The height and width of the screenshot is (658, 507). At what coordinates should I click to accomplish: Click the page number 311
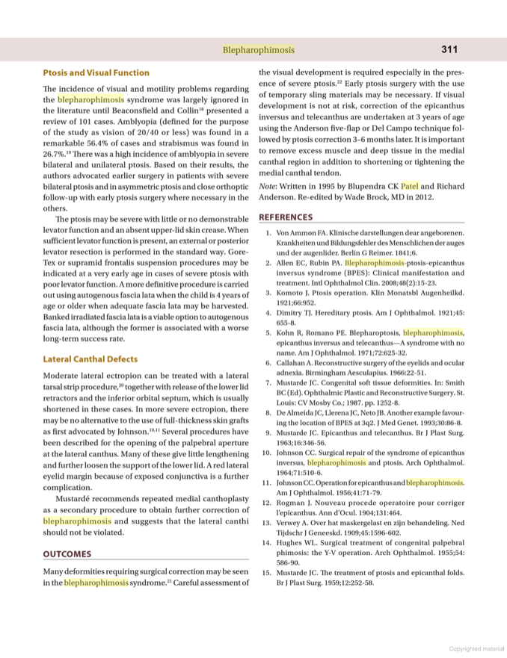coord(449,49)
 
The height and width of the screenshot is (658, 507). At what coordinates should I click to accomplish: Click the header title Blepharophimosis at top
coord(258,50)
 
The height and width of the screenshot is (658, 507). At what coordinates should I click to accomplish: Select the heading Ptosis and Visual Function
coord(96,72)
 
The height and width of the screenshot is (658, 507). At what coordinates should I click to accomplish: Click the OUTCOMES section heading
coord(67,553)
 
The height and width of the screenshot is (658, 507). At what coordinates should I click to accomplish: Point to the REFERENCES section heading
coord(286,217)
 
